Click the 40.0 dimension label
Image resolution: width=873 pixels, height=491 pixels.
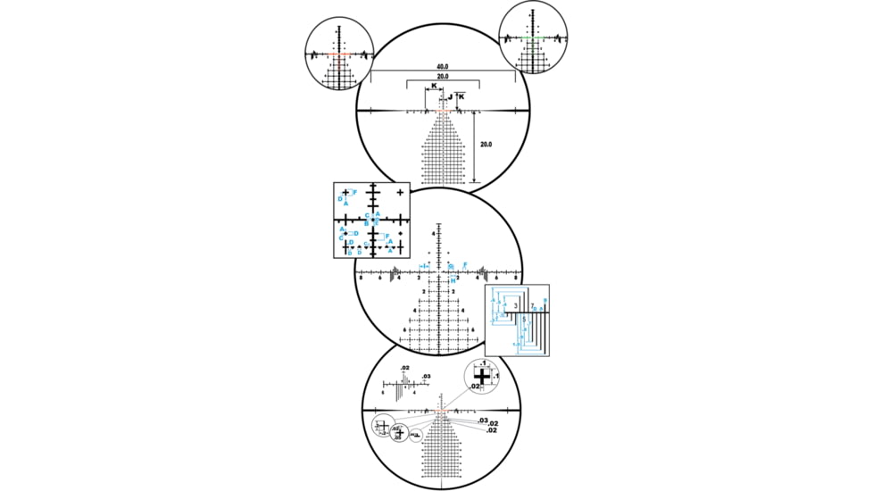tap(443, 67)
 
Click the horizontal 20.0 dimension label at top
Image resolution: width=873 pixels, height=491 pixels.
tap(443, 77)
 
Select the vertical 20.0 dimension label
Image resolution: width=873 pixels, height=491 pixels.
tap(486, 144)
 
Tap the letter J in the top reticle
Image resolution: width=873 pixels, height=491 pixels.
tap(450, 96)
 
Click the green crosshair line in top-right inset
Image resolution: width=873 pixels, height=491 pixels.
tap(533, 39)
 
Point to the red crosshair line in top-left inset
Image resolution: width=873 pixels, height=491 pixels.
tap(338, 54)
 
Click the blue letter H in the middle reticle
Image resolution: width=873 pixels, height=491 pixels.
tap(454, 280)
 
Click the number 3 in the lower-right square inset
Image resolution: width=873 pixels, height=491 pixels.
tap(515, 305)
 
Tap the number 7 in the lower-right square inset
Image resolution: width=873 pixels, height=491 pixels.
tap(532, 305)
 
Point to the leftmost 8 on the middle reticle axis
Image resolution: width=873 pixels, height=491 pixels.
tap(361, 279)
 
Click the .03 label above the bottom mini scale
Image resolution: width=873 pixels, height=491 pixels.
tap(427, 376)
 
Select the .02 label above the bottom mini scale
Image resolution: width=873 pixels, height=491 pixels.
tap(404, 368)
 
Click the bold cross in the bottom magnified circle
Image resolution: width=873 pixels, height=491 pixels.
tap(483, 378)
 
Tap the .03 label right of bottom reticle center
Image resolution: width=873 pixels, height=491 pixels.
tap(483, 420)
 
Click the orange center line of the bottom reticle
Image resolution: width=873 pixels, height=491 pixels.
tap(443, 411)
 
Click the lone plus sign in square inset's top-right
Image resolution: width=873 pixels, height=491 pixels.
tap(400, 192)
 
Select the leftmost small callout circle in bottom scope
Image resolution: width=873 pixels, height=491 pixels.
tap(384, 427)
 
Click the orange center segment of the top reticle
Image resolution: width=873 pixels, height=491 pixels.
tap(443, 112)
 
